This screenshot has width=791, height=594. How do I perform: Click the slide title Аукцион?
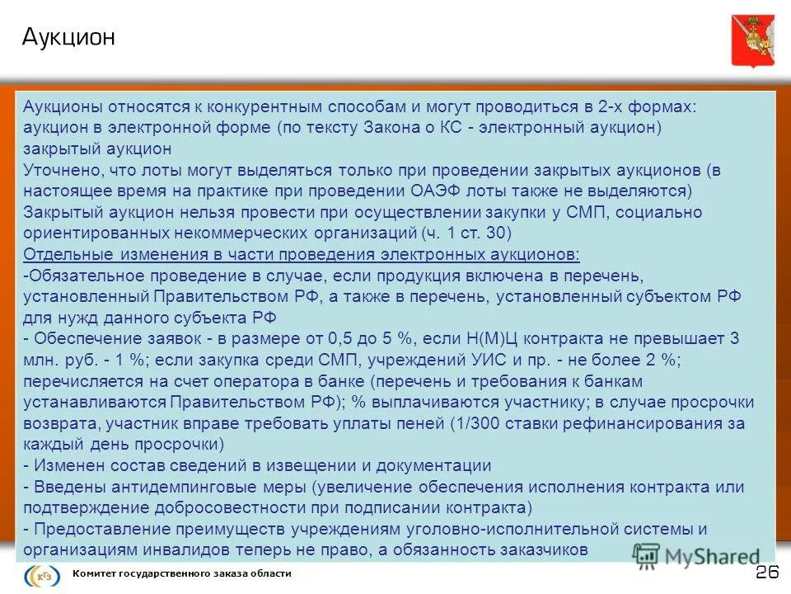tap(68, 38)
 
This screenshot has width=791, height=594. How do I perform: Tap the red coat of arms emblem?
tap(752, 40)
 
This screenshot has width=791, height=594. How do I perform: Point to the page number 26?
tap(767, 573)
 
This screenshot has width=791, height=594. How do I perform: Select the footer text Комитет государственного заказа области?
tap(182, 573)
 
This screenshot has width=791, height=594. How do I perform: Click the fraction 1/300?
tap(482, 423)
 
